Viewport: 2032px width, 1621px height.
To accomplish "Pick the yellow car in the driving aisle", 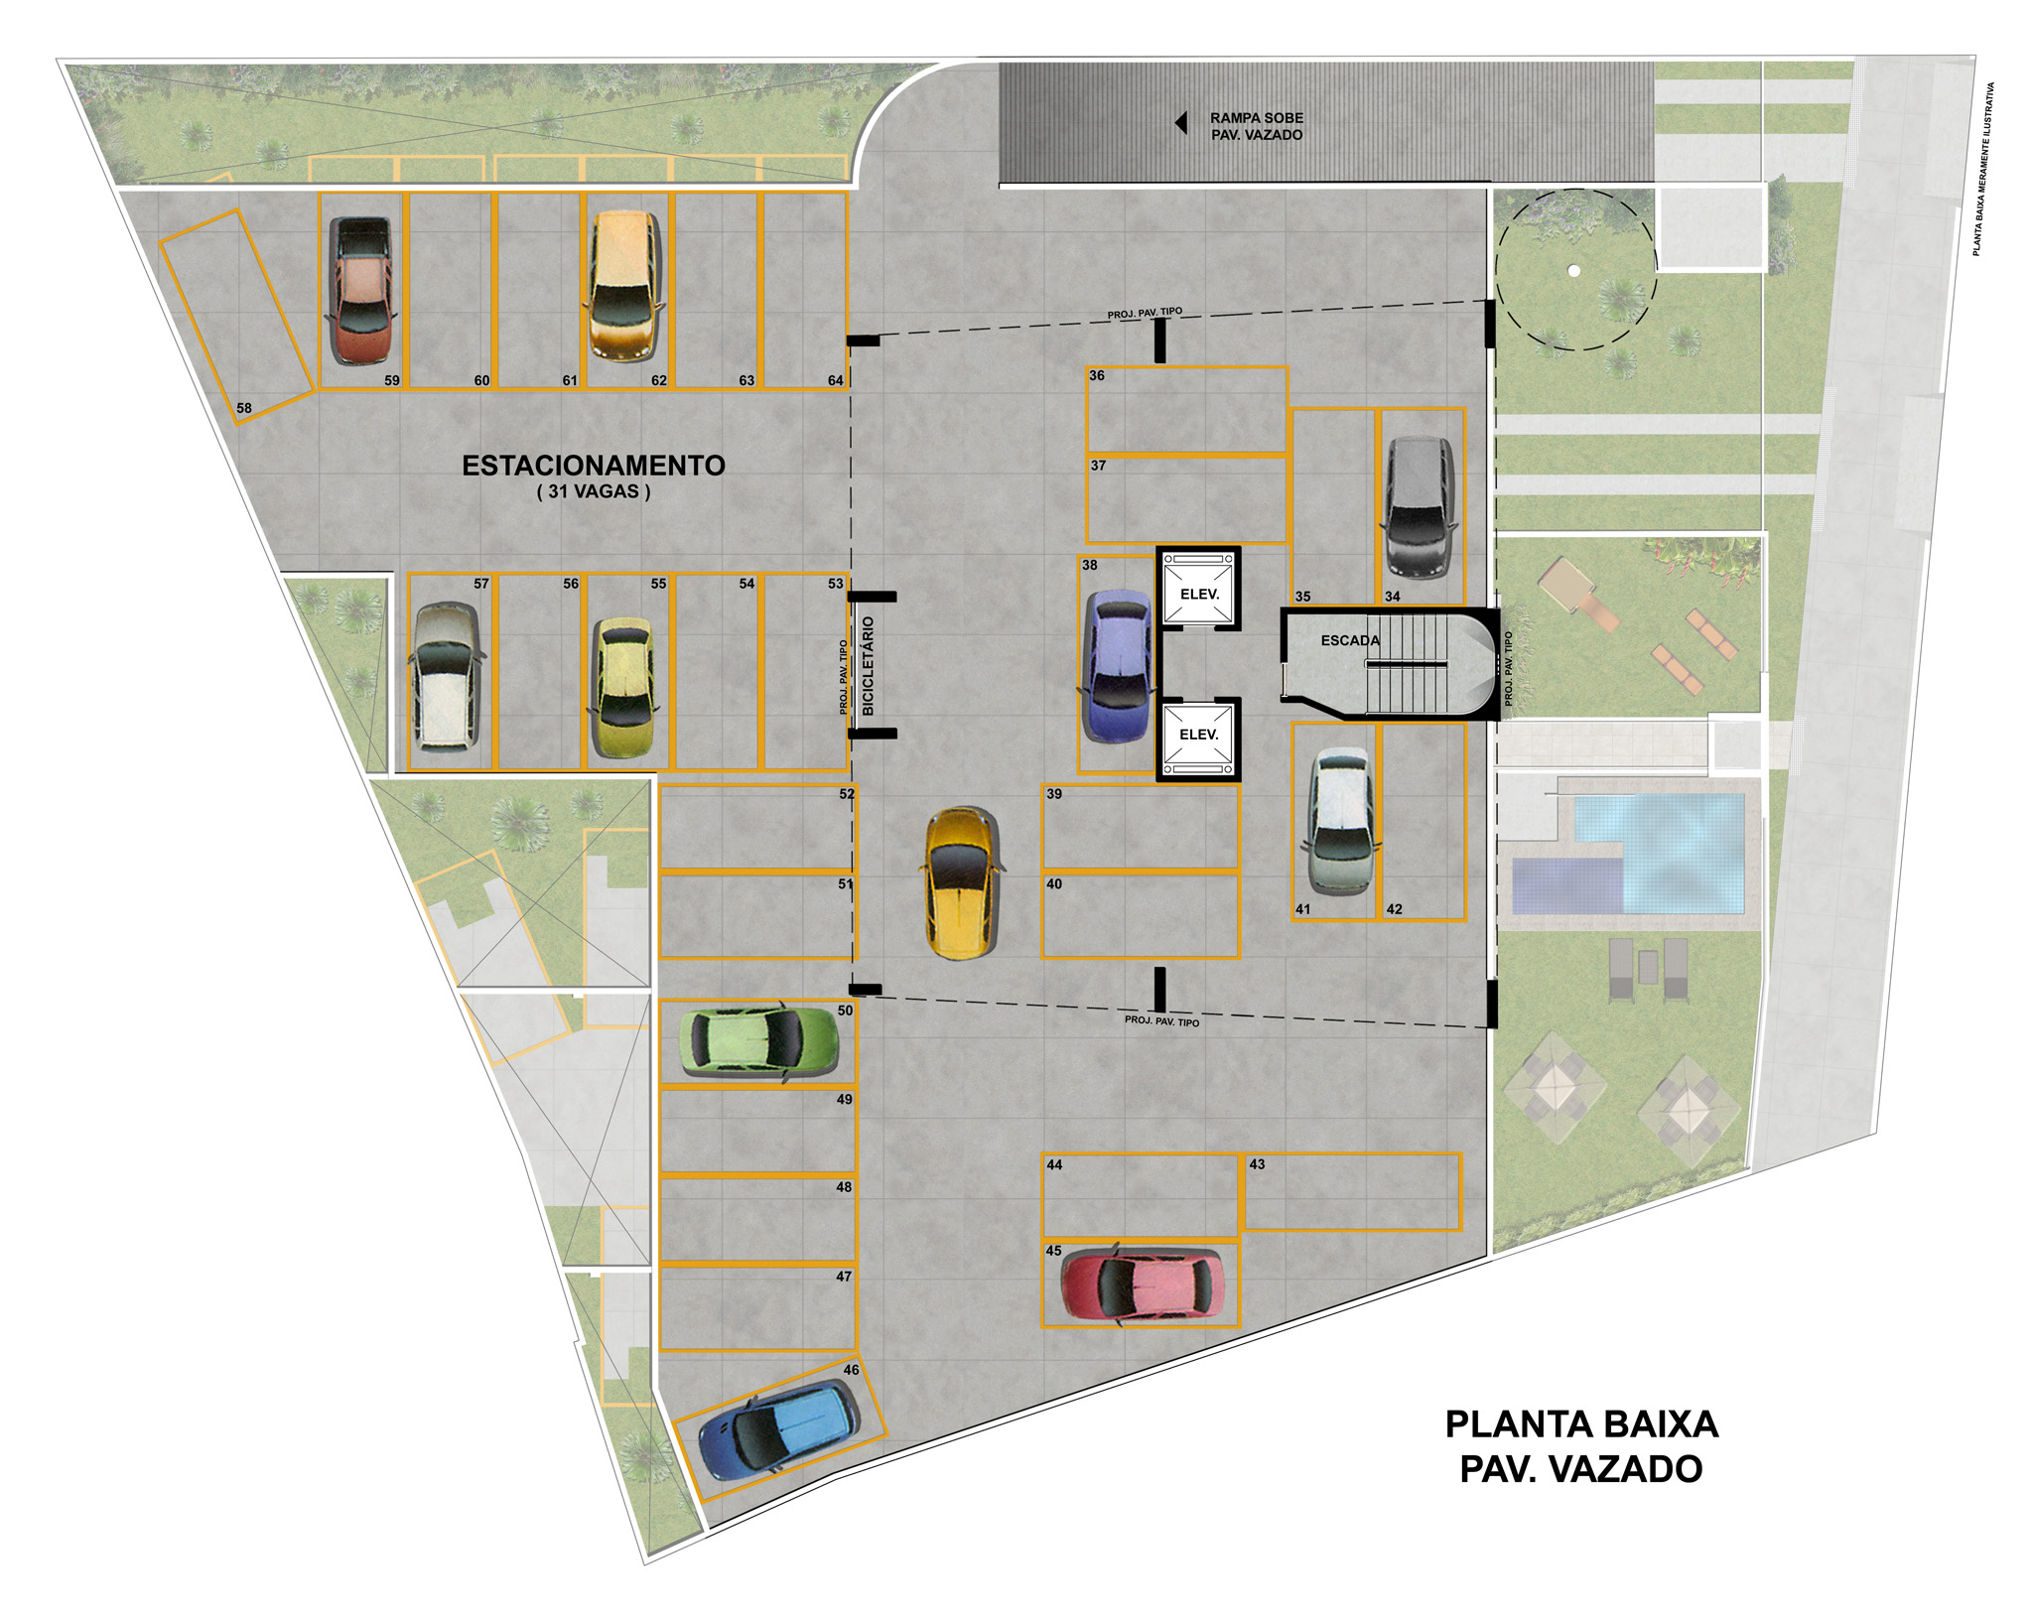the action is (x=961, y=882).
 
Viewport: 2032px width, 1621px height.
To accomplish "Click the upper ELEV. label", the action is (x=1199, y=594).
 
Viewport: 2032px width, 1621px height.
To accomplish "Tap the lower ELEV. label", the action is (x=1198, y=735).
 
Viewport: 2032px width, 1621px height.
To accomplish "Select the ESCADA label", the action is (x=1350, y=640).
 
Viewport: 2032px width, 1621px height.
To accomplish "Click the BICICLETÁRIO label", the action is (x=869, y=665).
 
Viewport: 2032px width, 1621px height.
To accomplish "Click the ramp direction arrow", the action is (x=1180, y=123).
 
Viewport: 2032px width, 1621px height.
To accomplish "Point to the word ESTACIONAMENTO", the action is (x=594, y=466).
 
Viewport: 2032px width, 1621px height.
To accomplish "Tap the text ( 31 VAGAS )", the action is (x=594, y=491).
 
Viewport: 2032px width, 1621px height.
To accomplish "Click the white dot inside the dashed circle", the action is (x=1573, y=270).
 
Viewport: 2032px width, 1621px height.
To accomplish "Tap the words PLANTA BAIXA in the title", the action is (x=1581, y=1424).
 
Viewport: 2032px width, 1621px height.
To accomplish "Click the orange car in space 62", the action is (x=623, y=285).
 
